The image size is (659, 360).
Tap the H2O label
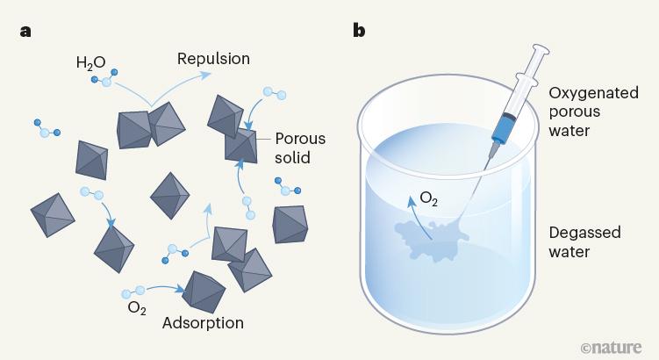(90, 62)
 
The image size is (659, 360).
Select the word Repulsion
(213, 60)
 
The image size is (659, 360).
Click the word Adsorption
(203, 322)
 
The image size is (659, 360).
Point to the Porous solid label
(299, 149)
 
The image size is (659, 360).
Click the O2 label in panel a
(136, 306)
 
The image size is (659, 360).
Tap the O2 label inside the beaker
(429, 198)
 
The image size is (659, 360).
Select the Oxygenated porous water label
(586, 112)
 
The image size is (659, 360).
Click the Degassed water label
(584, 242)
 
